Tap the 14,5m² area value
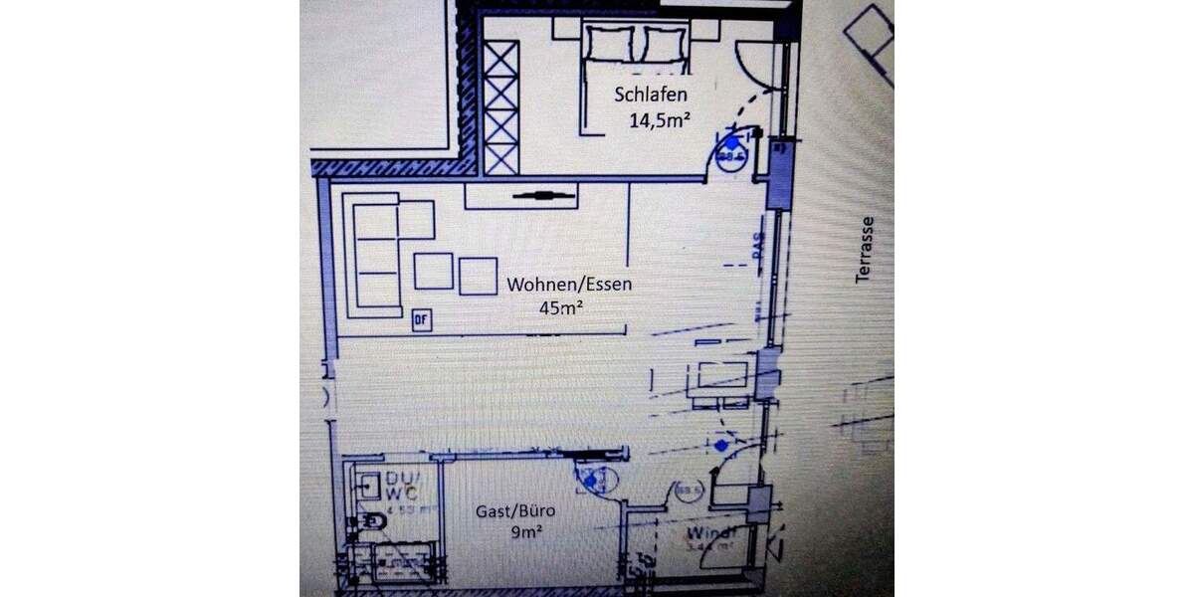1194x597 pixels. point(660,121)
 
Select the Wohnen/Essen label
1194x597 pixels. point(569,285)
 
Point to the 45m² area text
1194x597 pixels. point(560,307)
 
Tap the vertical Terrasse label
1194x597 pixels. point(865,250)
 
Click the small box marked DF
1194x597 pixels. point(421,319)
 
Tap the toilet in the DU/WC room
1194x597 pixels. point(370,522)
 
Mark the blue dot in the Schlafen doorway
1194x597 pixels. point(733,144)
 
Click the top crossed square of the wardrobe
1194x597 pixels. point(500,60)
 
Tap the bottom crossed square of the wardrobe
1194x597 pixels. point(500,157)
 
